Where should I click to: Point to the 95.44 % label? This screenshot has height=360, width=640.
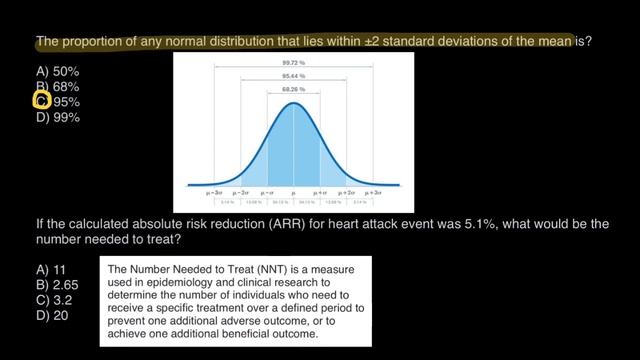[x=293, y=76]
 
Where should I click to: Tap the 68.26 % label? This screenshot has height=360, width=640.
[x=293, y=91]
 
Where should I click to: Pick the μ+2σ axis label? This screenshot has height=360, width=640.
[x=347, y=188]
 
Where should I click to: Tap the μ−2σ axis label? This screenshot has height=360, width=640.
[x=239, y=188]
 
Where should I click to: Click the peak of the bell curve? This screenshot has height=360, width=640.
[x=293, y=104]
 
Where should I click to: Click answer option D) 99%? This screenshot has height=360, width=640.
[x=57, y=117]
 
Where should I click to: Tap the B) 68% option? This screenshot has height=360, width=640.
[x=57, y=87]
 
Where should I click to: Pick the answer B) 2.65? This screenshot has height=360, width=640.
[x=56, y=286]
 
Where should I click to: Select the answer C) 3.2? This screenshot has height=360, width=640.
[x=53, y=301]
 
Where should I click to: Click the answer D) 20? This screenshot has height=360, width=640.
[x=51, y=316]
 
